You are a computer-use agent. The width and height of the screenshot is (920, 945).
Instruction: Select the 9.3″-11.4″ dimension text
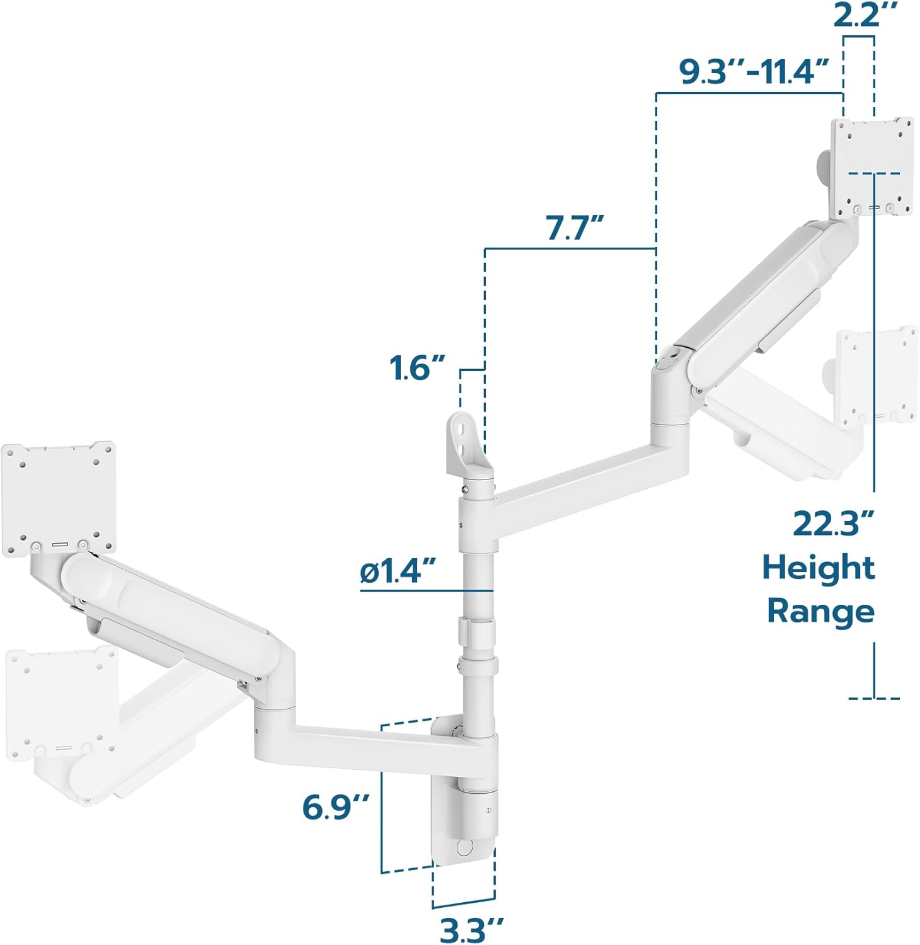pyautogui.click(x=754, y=71)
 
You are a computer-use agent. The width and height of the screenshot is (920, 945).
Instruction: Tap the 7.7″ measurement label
pyautogui.click(x=575, y=227)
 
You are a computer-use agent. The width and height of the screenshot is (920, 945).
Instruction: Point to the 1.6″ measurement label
pyautogui.click(x=417, y=368)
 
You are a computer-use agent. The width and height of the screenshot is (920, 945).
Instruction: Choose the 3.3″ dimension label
pyautogui.click(x=472, y=930)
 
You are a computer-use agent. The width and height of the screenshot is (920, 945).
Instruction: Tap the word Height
pyautogui.click(x=819, y=568)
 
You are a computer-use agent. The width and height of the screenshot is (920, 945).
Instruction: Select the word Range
pyautogui.click(x=820, y=612)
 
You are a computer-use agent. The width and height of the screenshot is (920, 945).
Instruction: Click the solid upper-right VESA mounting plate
pyautogui.click(x=872, y=167)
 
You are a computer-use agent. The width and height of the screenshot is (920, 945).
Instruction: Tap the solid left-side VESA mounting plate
pyautogui.click(x=59, y=498)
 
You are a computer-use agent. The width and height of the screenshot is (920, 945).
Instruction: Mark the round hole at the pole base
pyautogui.click(x=465, y=847)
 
